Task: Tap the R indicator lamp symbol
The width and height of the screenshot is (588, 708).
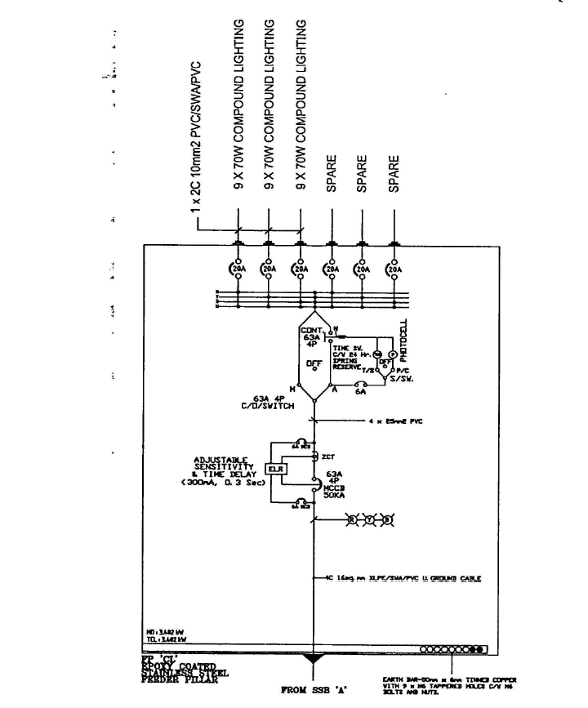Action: point(352,519)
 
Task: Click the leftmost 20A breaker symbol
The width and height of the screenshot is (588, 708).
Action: point(238,269)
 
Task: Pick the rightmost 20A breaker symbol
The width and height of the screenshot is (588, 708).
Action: point(394,269)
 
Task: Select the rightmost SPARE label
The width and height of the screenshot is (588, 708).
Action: point(394,174)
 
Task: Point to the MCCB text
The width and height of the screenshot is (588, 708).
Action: point(336,488)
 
